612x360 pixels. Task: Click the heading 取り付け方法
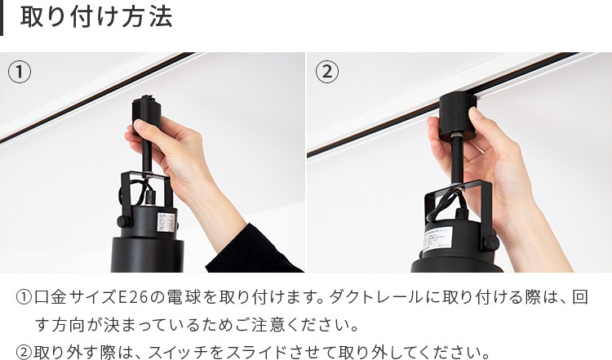[x=96, y=17]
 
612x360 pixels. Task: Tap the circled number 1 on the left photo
[x=19, y=72]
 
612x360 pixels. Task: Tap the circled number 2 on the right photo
[x=327, y=72]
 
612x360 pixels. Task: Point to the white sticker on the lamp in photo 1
[x=166, y=222]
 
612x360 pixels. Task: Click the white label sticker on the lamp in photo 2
[x=438, y=239]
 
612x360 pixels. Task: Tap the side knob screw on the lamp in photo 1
[x=124, y=221]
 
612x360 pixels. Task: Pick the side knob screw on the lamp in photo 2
[x=490, y=242]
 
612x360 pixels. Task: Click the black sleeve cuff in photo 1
[x=254, y=250]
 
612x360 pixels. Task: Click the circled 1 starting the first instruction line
[x=24, y=297]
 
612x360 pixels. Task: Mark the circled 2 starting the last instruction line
[x=24, y=353]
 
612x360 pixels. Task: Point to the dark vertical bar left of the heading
[x=2, y=18]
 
